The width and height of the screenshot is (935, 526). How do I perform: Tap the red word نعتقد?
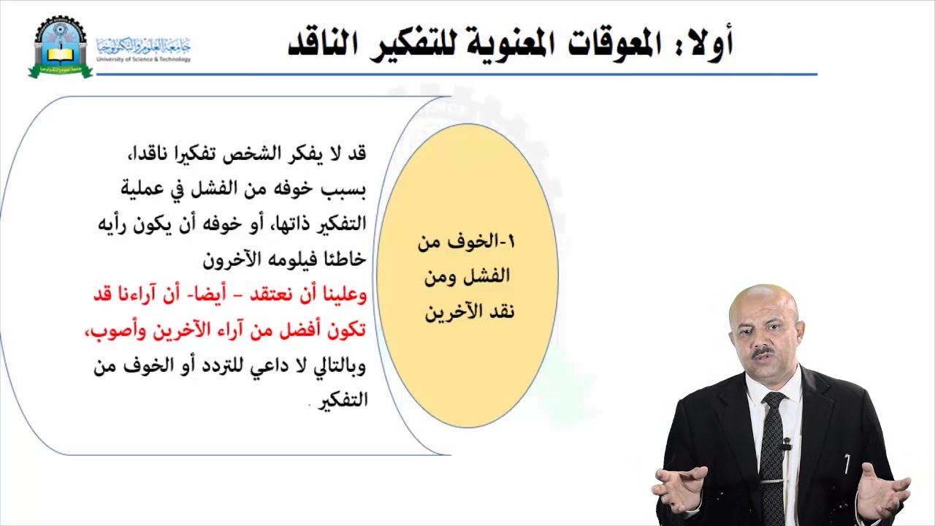click(x=270, y=294)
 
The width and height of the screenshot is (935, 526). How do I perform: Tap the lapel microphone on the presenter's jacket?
click(x=786, y=443)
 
